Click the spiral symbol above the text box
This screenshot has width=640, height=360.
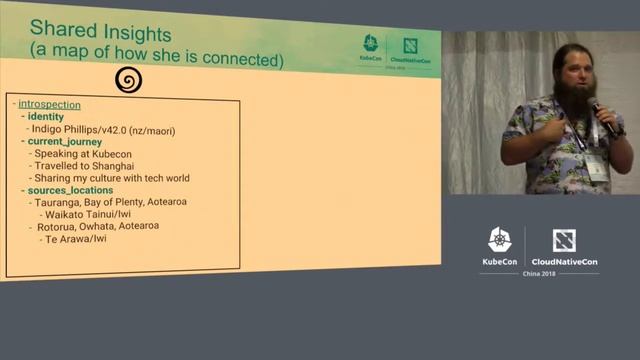127,80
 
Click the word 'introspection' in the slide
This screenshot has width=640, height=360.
49,104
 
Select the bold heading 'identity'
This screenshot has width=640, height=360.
45,117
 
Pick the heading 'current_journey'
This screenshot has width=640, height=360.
65,142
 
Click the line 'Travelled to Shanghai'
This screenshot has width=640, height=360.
84,166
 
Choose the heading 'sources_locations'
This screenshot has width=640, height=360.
70,190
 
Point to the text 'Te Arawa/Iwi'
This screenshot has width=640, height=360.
73,239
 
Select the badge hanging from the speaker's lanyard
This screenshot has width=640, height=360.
597,166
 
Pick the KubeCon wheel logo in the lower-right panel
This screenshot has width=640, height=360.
499,240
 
